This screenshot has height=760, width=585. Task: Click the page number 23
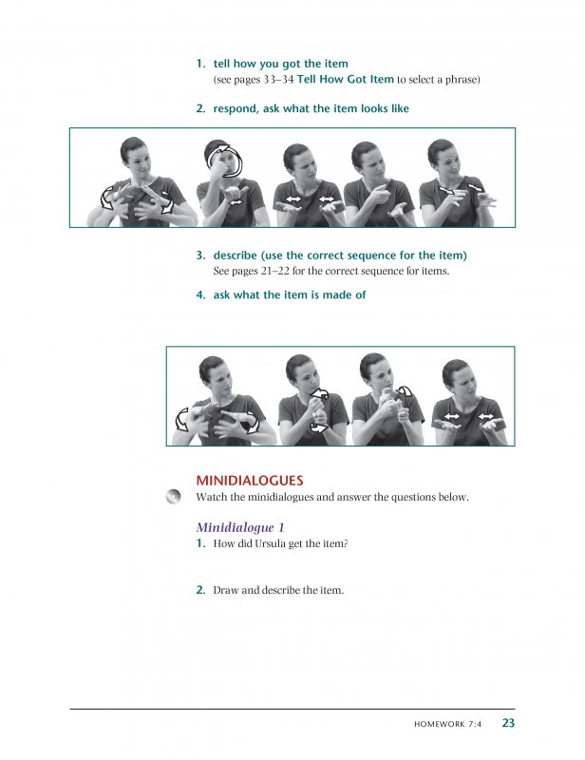pyautogui.click(x=508, y=723)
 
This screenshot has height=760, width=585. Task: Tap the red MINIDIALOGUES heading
pyautogui.click(x=249, y=481)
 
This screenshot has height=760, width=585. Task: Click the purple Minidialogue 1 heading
pyautogui.click(x=240, y=526)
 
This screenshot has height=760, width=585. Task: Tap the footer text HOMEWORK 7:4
pyautogui.click(x=448, y=724)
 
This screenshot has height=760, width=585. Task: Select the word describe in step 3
pyautogui.click(x=237, y=256)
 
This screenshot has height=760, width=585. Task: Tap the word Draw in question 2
pyautogui.click(x=226, y=590)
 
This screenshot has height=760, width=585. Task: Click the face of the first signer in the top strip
pyautogui.click(x=134, y=155)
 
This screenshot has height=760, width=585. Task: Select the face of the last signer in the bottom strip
pyautogui.click(x=458, y=377)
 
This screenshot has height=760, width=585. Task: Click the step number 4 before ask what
pyautogui.click(x=200, y=294)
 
